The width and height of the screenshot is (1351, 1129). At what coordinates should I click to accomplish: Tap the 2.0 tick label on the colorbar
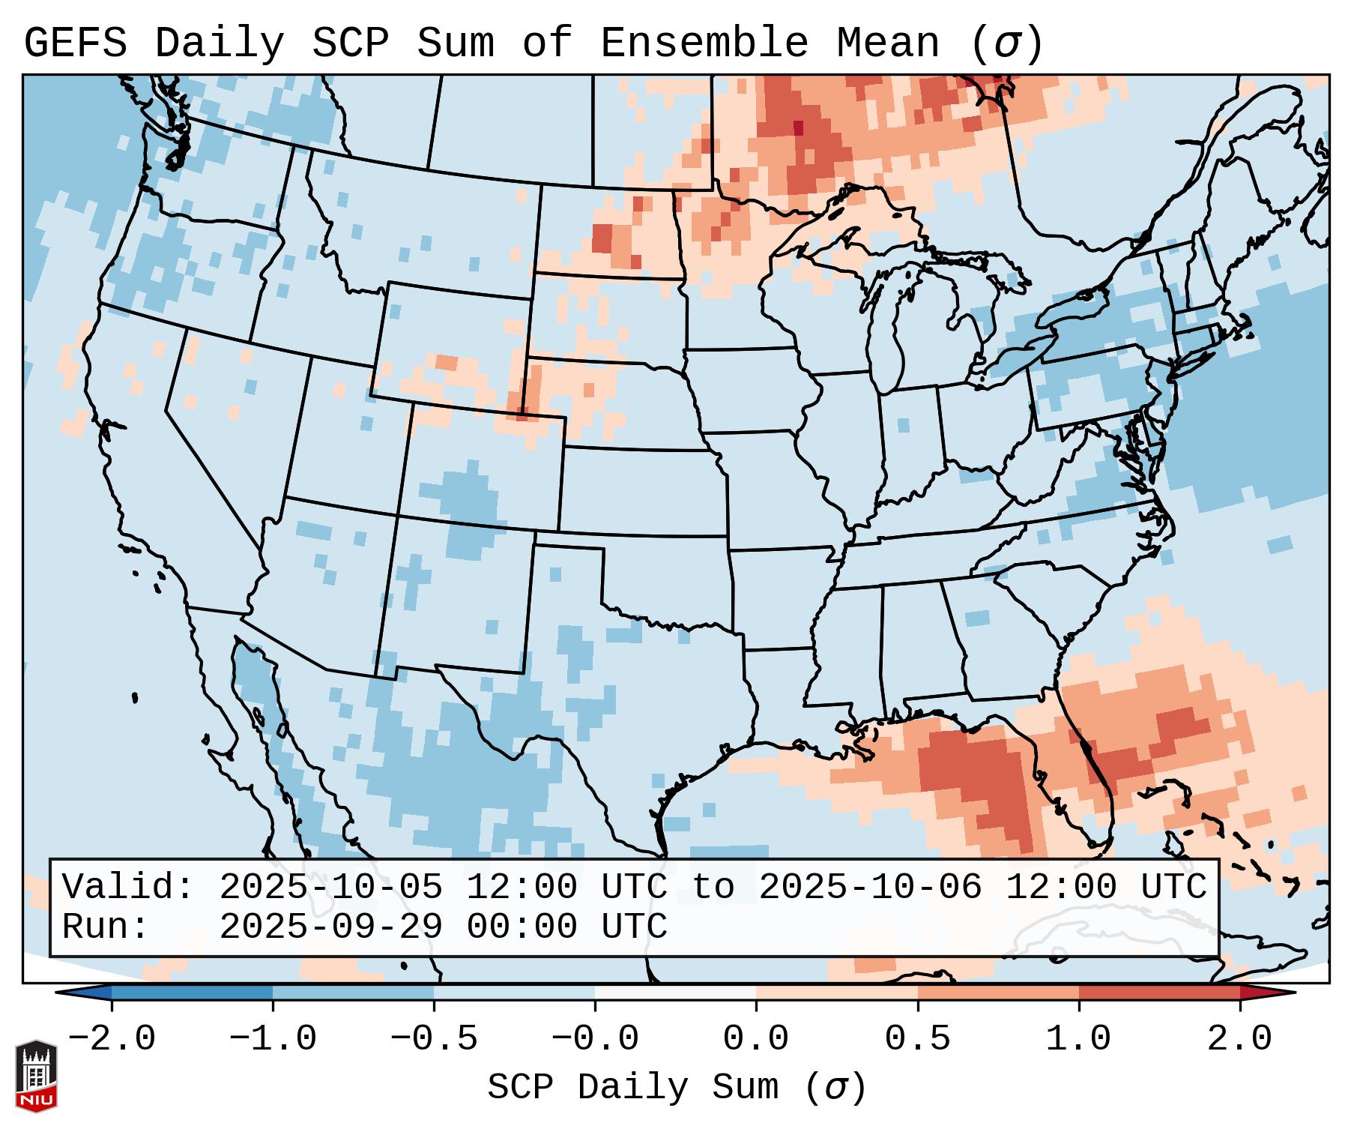[1239, 1039]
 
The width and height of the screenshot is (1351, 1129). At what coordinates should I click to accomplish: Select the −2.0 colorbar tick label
[112, 1039]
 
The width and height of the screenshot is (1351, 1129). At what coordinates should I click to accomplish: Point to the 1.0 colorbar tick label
[1078, 1039]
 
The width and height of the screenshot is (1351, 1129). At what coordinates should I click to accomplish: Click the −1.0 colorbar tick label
[273, 1039]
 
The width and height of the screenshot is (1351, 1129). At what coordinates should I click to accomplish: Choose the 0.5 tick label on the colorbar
[917, 1039]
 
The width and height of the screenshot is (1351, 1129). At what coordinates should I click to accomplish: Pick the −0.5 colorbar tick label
[434, 1039]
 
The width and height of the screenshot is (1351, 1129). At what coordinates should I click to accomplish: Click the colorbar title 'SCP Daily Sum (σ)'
[677, 1088]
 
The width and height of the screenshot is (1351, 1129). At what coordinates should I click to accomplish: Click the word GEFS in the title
[76, 43]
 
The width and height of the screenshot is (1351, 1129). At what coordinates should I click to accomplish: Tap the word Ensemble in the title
[704, 43]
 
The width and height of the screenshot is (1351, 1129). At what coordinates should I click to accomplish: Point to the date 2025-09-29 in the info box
[330, 927]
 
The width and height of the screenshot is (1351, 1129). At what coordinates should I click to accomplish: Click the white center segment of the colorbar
[675, 992]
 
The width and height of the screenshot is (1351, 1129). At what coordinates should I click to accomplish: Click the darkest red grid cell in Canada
[798, 127]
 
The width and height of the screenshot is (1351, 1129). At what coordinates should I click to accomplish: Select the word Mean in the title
[888, 43]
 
